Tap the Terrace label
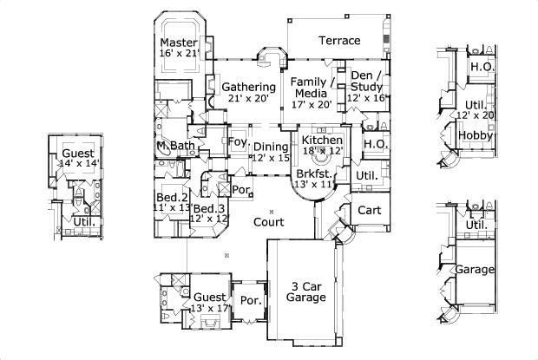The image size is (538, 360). tap(339, 41)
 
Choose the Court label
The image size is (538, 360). tap(269, 221)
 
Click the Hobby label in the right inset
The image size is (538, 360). tap(476, 136)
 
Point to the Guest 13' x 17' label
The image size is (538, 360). tap(209, 301)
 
